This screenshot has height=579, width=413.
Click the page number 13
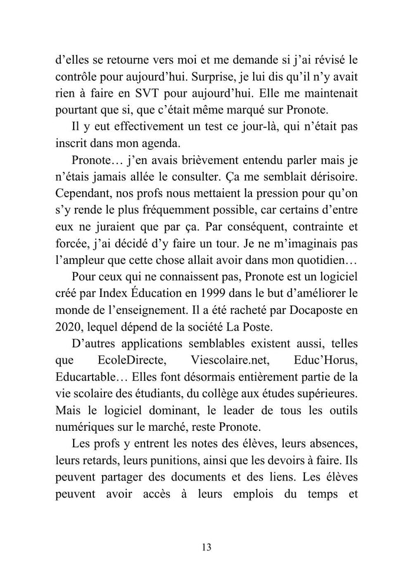click(x=206, y=547)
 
